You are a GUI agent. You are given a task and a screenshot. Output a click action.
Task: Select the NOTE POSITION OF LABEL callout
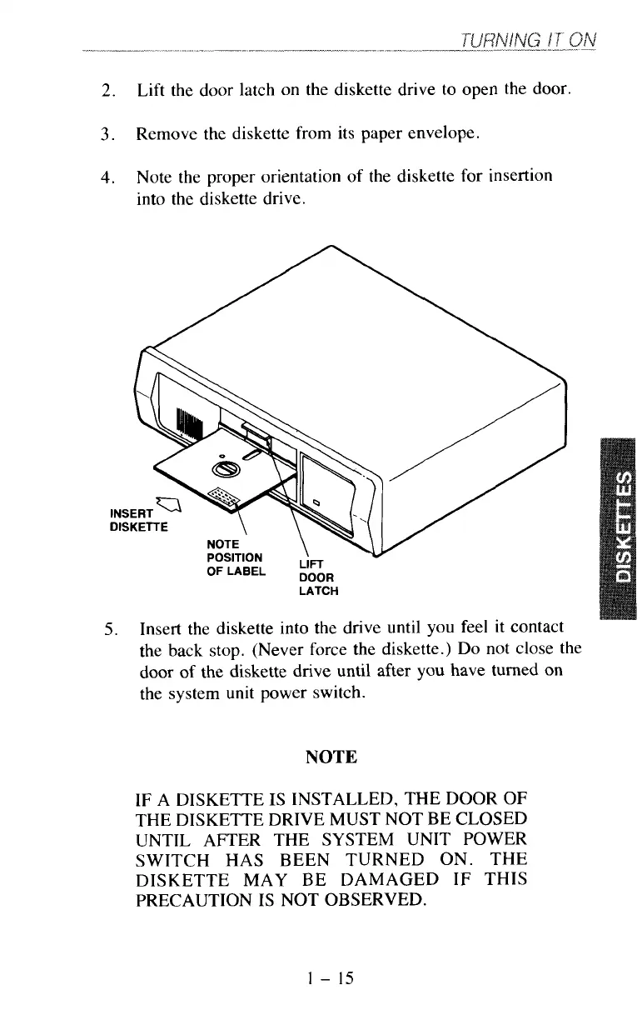click(x=235, y=557)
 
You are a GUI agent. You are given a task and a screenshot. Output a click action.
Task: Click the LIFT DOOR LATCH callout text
click(x=317, y=577)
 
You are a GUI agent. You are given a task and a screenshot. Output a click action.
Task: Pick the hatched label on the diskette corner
click(x=222, y=498)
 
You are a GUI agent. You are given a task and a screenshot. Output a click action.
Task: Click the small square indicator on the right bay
click(x=316, y=502)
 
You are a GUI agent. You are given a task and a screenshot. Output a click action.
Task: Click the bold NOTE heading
click(x=331, y=757)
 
